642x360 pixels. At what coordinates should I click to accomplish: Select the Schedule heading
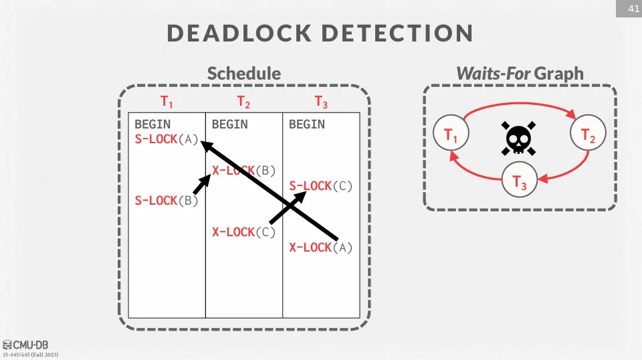tap(243, 73)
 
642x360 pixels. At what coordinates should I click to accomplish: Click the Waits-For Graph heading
tap(520, 73)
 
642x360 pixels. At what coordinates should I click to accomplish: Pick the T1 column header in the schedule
tap(167, 102)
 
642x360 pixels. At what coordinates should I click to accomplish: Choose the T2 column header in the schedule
tap(243, 102)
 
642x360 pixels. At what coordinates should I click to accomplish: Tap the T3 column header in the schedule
tap(321, 102)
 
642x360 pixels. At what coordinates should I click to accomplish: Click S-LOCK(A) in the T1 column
tap(167, 139)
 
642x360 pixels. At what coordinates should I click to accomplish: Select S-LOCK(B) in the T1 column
tap(167, 201)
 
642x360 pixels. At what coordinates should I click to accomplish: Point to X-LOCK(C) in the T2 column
tap(243, 232)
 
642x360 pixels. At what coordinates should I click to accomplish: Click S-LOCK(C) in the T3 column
tap(321, 186)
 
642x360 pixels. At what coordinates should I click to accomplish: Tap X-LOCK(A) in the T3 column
tap(321, 248)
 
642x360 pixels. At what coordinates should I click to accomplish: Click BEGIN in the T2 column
tap(230, 124)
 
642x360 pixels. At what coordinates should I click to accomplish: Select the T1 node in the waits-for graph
tap(451, 135)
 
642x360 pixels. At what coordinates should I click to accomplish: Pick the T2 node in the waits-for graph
tap(588, 135)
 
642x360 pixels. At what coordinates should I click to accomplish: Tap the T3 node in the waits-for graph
tap(520, 180)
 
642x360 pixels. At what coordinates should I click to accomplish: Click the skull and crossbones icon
tap(519, 138)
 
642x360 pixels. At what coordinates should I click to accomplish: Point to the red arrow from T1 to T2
tap(520, 106)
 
